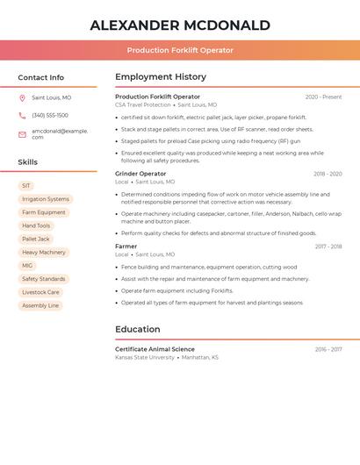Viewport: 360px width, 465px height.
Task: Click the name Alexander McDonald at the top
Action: click(x=180, y=25)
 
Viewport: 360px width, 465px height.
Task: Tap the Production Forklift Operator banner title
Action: click(x=180, y=50)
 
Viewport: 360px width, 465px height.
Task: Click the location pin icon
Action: click(x=23, y=97)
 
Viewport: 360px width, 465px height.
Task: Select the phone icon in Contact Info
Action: click(x=23, y=115)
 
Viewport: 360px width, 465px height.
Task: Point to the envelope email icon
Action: click(x=23, y=133)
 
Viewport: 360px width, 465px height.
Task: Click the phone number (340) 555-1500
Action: click(x=50, y=115)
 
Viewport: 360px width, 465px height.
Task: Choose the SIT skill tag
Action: click(x=26, y=186)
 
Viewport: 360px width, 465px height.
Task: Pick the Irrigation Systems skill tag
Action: click(x=45, y=199)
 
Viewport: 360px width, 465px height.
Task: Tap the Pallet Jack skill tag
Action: click(x=36, y=239)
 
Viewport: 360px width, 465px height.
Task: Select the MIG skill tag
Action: click(x=27, y=265)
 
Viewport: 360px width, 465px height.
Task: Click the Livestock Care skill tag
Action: click(x=40, y=292)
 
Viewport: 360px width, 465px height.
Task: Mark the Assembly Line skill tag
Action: click(x=40, y=305)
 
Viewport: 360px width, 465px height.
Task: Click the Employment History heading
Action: click(x=161, y=77)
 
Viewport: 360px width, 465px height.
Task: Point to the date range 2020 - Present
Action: click(x=323, y=97)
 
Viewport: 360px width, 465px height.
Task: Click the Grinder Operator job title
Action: click(x=140, y=174)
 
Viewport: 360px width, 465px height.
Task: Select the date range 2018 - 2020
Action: click(x=328, y=174)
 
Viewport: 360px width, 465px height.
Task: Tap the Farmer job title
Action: click(x=126, y=247)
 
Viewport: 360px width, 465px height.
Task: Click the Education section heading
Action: click(x=138, y=329)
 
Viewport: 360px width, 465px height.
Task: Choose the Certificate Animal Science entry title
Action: click(x=155, y=349)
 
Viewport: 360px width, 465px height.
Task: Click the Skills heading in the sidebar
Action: click(x=28, y=162)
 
